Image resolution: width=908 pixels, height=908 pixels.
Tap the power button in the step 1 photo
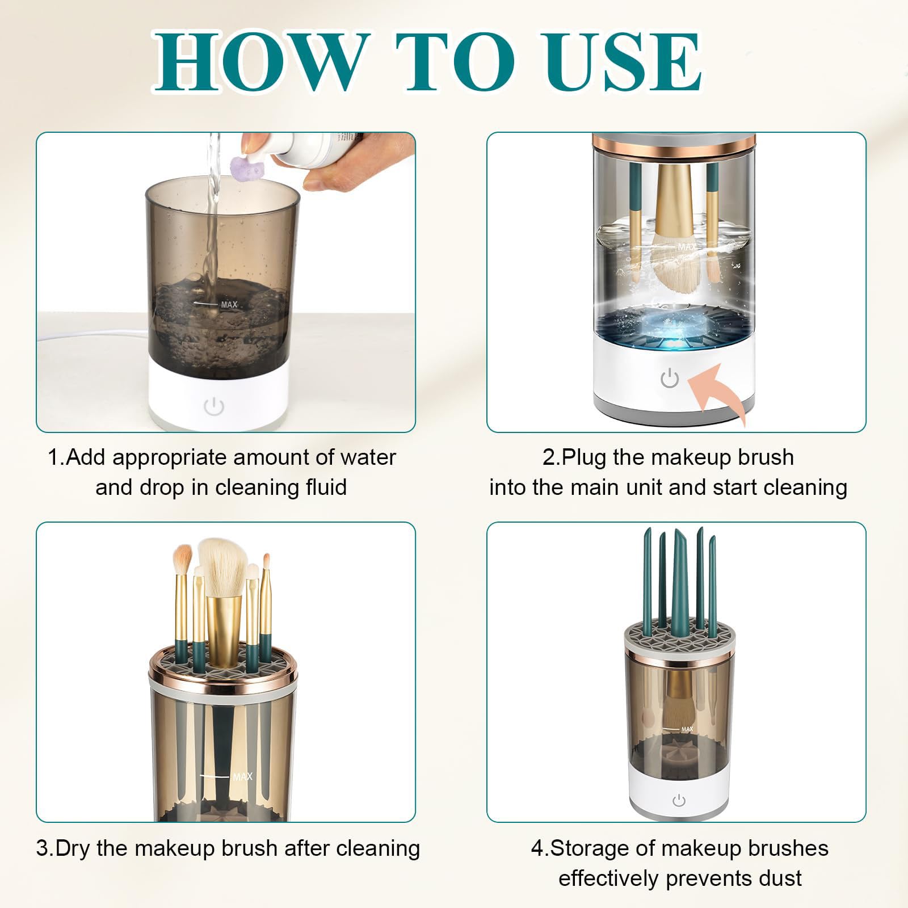click(x=213, y=406)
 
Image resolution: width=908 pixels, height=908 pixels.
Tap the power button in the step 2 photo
click(x=670, y=378)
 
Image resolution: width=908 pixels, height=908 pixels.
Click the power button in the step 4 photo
click(x=679, y=801)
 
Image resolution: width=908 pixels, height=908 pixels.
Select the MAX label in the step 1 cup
click(x=229, y=305)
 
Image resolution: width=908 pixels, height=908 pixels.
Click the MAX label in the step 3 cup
click(x=243, y=776)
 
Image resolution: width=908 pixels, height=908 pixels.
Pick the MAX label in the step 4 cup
click(x=687, y=729)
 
